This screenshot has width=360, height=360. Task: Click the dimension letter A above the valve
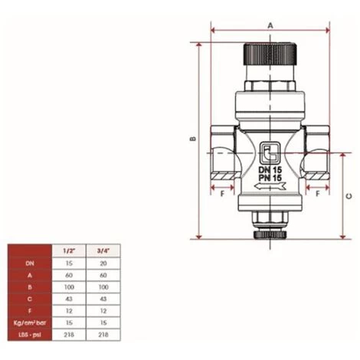point(270,25)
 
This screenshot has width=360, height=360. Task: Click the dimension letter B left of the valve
point(191,139)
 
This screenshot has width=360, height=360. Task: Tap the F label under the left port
point(221,195)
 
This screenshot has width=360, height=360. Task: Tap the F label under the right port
point(318,195)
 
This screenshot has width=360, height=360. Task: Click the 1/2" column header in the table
point(68,250)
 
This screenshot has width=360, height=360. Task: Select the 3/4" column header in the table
point(101,250)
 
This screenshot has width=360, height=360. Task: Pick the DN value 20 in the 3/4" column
point(101,263)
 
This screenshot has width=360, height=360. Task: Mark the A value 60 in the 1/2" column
point(68,275)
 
